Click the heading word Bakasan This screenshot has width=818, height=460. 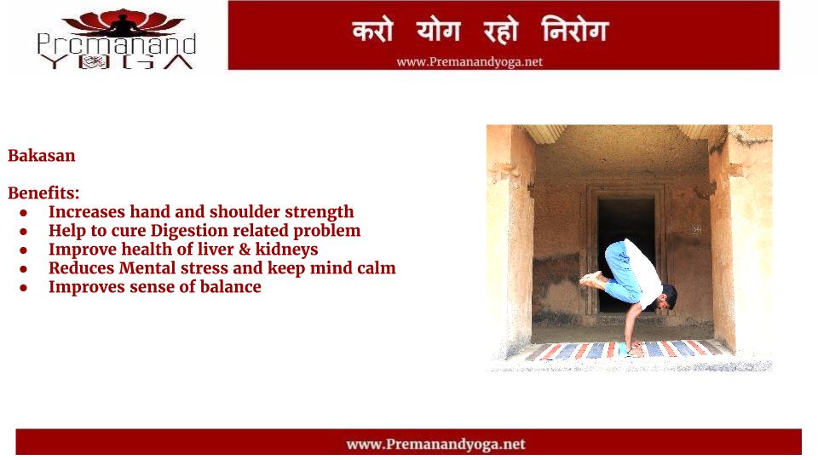click(42, 155)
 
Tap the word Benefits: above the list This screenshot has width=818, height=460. click(43, 193)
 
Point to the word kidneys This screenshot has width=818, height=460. click(287, 250)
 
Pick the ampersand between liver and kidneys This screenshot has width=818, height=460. click(245, 250)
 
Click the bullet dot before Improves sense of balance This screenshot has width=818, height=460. click(24, 288)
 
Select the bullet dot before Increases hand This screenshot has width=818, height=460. click(24, 213)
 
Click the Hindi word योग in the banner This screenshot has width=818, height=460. click(438, 31)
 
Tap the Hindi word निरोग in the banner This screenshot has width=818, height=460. click(575, 30)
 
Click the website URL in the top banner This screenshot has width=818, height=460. click(469, 62)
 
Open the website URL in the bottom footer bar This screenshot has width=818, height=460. click(435, 445)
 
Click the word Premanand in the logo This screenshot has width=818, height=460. click(117, 45)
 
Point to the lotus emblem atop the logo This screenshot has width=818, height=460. click(123, 22)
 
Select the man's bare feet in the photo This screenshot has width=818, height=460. click(591, 279)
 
